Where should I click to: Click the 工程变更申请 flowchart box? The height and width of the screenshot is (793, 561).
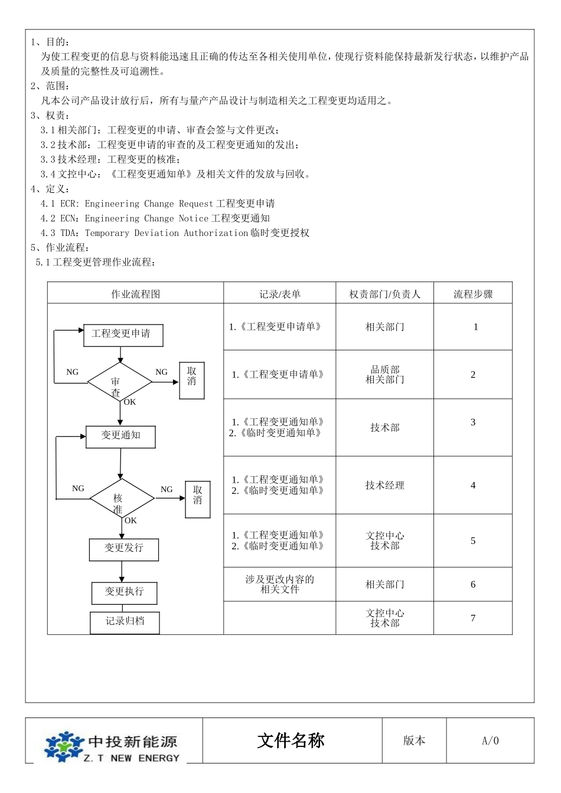pyautogui.click(x=121, y=335)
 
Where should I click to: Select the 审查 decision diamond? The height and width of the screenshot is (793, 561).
pyautogui.click(x=120, y=382)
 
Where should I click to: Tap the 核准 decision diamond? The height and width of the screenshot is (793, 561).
pyautogui.click(x=122, y=499)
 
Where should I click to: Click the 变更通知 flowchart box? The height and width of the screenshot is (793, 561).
pyautogui.click(x=121, y=436)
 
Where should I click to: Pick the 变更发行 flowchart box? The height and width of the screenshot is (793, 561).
pyautogui.click(x=124, y=549)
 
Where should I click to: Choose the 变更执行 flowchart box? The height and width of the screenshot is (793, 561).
pyautogui.click(x=124, y=592)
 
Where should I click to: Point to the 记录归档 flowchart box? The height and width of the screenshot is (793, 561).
pyautogui.click(x=125, y=622)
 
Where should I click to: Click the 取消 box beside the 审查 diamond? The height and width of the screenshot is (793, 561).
pyautogui.click(x=192, y=381)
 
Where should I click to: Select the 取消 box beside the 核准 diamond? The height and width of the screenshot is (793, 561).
pyautogui.click(x=198, y=500)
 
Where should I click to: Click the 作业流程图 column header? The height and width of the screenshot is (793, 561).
pyautogui.click(x=135, y=294)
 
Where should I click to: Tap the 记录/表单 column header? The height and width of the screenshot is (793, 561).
pyautogui.click(x=279, y=294)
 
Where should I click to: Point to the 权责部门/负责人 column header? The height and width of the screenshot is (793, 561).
pyautogui.click(x=384, y=294)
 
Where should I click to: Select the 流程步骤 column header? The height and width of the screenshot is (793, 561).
pyautogui.click(x=473, y=294)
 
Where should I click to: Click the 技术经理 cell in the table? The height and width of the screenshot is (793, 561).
pyautogui.click(x=384, y=485)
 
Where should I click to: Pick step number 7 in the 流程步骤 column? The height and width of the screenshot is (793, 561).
pyautogui.click(x=473, y=618)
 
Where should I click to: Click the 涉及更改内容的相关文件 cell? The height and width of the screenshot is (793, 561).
pyautogui.click(x=279, y=584)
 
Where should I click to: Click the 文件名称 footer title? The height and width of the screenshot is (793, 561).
pyautogui.click(x=291, y=740)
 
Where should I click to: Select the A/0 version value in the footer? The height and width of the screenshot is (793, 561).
pyautogui.click(x=490, y=740)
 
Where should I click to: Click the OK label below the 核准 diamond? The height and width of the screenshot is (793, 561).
pyautogui.click(x=131, y=520)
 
